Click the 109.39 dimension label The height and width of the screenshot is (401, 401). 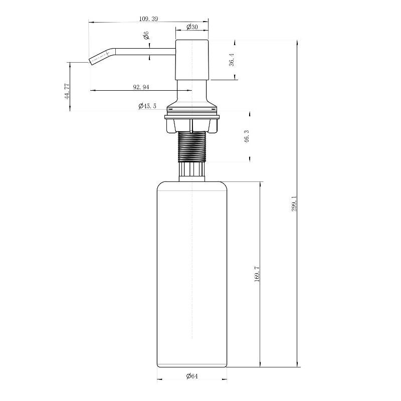pyautogui.click(x=148, y=19)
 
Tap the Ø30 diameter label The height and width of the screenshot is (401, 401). pyautogui.click(x=192, y=27)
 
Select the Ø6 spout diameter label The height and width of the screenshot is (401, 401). pyautogui.click(x=146, y=35)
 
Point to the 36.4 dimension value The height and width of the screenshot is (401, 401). pyautogui.click(x=232, y=60)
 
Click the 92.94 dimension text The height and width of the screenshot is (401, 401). pyautogui.click(x=141, y=87)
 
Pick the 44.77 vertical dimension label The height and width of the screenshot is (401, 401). pyautogui.click(x=67, y=91)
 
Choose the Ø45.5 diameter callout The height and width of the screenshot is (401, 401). pyautogui.click(x=147, y=106)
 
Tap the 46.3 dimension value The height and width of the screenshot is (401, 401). pyautogui.click(x=247, y=136)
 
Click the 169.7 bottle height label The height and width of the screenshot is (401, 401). pyautogui.click(x=257, y=274)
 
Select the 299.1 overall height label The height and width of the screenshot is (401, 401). pyautogui.click(x=294, y=204)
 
